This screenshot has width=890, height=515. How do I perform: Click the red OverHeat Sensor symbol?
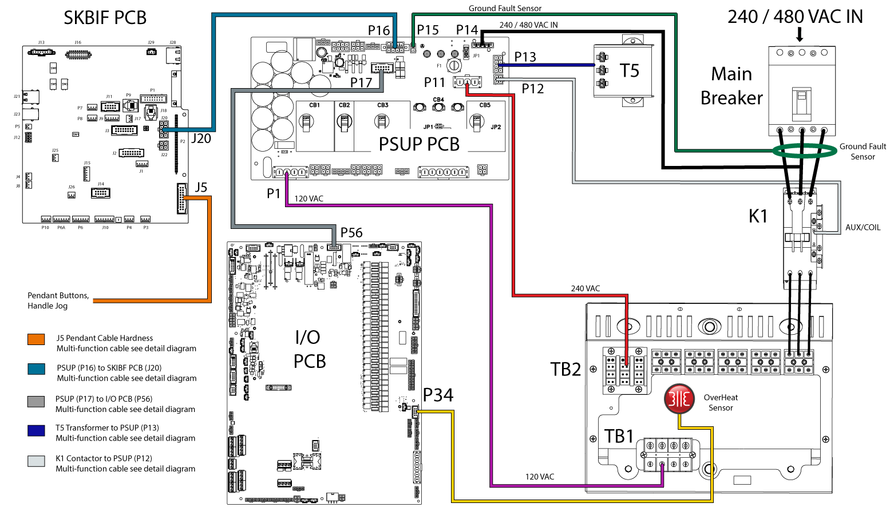coord(679,398)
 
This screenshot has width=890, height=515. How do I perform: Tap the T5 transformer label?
coord(630,71)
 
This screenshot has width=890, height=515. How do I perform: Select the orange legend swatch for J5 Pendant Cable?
coord(36,339)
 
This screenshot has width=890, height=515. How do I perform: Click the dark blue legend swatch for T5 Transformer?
coord(36,430)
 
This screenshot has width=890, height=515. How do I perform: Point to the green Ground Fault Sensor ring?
coord(804,151)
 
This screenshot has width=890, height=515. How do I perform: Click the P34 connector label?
coord(438,395)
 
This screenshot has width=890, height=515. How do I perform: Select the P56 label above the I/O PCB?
coord(351,233)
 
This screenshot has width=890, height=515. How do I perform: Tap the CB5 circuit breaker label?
coord(485,105)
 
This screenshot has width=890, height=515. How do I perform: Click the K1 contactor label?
coord(758,216)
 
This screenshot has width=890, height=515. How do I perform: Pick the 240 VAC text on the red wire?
coord(586,288)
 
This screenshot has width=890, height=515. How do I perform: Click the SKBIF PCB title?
coord(105,18)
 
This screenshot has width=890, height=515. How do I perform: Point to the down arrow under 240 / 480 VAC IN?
coord(800,35)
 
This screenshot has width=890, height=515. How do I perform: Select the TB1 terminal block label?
coord(619,437)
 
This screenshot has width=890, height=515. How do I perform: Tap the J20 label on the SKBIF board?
coord(201,138)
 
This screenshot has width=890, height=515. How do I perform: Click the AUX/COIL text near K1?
coord(863,227)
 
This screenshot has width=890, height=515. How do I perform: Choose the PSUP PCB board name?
coord(419,144)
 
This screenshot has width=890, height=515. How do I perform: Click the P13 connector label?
coord(525,57)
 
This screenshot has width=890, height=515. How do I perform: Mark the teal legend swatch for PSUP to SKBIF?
coord(36,369)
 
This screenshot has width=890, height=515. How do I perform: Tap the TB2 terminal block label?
coord(565,370)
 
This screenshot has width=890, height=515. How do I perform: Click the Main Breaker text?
coord(731,86)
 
